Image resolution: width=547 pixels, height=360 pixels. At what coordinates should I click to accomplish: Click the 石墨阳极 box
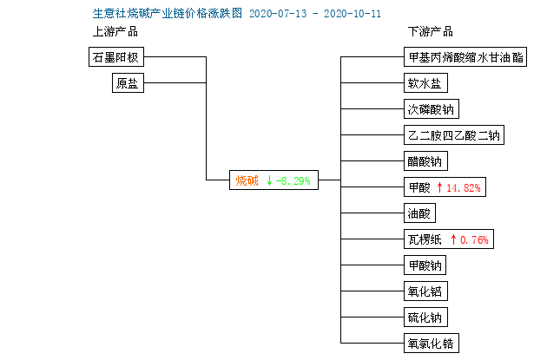click(116, 56)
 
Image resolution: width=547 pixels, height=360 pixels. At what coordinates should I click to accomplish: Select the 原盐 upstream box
click(128, 83)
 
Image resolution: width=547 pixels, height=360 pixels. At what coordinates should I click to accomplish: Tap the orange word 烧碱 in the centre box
click(247, 180)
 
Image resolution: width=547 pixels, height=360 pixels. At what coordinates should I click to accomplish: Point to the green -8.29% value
click(293, 181)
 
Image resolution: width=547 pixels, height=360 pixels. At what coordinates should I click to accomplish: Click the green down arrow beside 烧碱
click(269, 180)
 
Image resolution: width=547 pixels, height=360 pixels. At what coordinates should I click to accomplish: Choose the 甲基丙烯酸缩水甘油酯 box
click(465, 56)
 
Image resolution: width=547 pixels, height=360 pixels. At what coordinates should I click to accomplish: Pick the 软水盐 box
click(425, 83)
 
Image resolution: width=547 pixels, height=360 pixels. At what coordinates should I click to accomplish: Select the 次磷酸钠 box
click(432, 109)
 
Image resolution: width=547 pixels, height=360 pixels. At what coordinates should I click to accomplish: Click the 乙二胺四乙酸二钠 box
click(454, 134)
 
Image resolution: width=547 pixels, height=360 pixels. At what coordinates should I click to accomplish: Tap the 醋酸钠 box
click(425, 161)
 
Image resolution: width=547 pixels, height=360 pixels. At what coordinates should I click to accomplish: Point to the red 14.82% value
click(464, 188)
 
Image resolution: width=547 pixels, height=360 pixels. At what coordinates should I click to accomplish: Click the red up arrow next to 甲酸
click(439, 187)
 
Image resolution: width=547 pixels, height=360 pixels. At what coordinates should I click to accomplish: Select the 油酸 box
click(419, 213)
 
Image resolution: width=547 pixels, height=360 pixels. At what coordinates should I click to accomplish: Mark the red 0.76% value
click(474, 239)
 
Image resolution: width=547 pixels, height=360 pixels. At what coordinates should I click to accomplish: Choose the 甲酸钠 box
click(425, 265)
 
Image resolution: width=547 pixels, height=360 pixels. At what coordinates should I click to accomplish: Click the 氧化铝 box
click(425, 291)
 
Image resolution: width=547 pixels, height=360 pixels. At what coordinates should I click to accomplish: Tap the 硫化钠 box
click(425, 317)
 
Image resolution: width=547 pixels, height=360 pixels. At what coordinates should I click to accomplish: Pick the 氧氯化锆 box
click(432, 344)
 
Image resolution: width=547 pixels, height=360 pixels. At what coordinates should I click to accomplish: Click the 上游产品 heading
click(115, 31)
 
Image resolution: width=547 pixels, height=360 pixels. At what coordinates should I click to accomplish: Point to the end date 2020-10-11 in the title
click(353, 14)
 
